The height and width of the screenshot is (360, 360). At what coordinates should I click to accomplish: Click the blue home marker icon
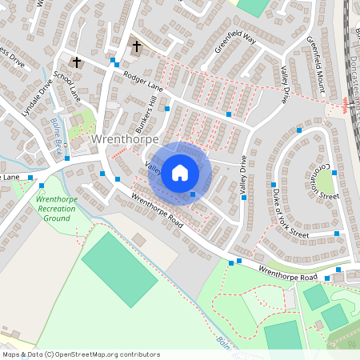180,172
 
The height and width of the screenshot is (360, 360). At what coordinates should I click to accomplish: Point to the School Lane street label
66,82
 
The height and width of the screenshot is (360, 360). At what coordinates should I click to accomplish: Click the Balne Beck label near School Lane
58,130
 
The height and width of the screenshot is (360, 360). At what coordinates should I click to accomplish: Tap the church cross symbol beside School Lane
77,62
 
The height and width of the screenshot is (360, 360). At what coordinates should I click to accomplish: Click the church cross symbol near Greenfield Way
136,46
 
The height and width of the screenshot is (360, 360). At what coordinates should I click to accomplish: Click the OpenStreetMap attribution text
81,354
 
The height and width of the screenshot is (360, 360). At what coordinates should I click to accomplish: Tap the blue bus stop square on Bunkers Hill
167,108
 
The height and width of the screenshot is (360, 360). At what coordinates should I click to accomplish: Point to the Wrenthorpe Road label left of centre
157,211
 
